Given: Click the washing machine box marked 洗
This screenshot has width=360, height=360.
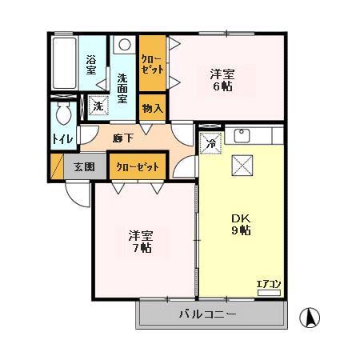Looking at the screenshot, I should (97, 106).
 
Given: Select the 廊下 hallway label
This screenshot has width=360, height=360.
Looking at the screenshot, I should (123, 138).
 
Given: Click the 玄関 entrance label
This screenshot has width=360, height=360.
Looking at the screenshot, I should (84, 167).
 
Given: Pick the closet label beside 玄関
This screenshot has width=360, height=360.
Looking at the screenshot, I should (137, 167).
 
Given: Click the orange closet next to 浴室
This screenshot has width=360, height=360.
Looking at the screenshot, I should (151, 64).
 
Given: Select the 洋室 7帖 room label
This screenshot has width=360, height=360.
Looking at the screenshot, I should (142, 242).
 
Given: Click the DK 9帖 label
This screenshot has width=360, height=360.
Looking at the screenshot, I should (240, 223).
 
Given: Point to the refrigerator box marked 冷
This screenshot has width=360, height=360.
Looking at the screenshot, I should (209, 145).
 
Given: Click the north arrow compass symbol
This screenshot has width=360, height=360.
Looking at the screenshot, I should (308, 318).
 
